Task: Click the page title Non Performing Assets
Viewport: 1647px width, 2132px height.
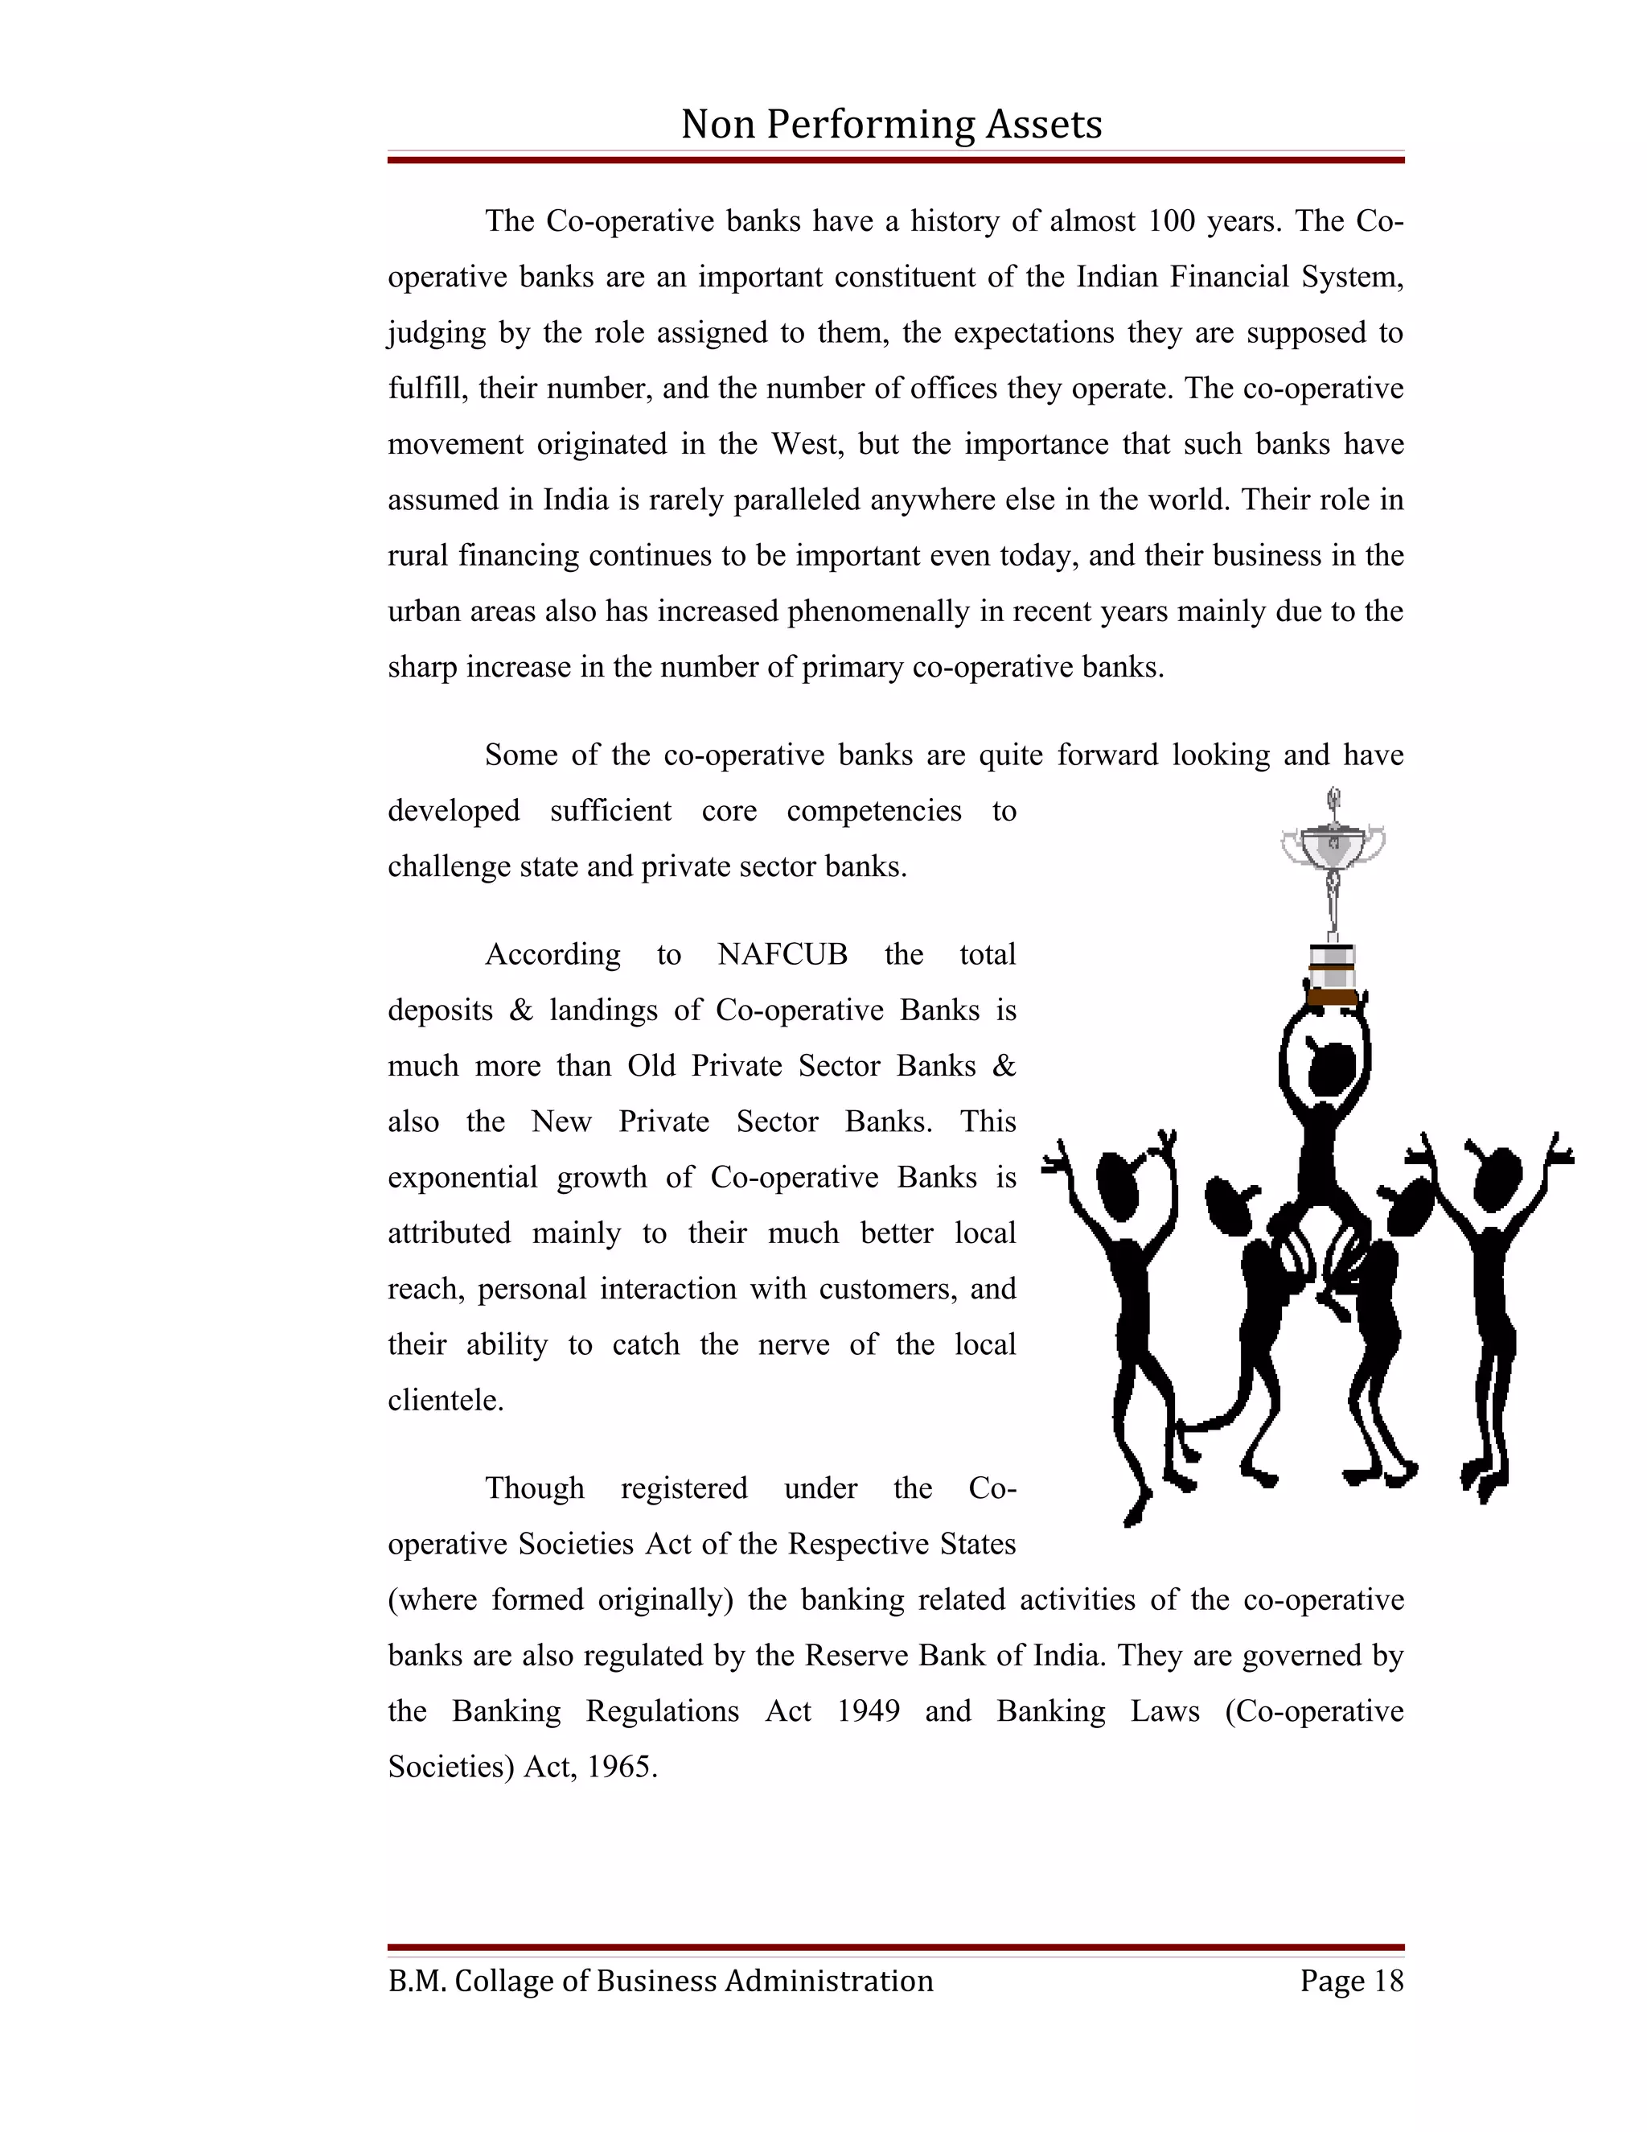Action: pyautogui.click(x=891, y=124)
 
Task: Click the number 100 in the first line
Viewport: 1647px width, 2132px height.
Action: pyautogui.click(x=1171, y=220)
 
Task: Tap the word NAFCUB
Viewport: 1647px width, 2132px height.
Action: pyautogui.click(x=782, y=953)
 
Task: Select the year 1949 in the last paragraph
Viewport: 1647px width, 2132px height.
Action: pyautogui.click(x=869, y=1711)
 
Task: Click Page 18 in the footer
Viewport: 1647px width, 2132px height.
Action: pyautogui.click(x=1351, y=1981)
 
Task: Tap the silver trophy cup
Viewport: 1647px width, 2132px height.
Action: pyautogui.click(x=1333, y=846)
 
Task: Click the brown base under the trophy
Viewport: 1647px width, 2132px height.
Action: pyautogui.click(x=1332, y=997)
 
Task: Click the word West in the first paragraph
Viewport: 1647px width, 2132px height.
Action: pyautogui.click(x=805, y=444)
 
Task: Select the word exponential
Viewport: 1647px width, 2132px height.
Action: pyautogui.click(x=462, y=1177)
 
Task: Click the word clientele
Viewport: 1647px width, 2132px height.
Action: pyautogui.click(x=445, y=1400)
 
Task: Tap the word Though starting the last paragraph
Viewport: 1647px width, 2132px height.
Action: pyautogui.click(x=535, y=1488)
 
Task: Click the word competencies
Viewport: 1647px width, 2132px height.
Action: pyautogui.click(x=873, y=810)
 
